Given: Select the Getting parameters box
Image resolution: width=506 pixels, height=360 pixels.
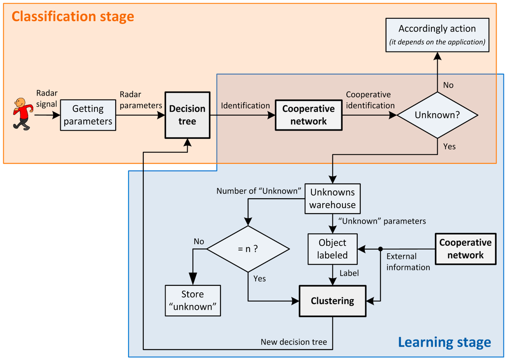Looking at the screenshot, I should pyautogui.click(x=88, y=115).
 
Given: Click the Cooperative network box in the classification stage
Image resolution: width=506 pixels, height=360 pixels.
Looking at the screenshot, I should pyautogui.click(x=308, y=115).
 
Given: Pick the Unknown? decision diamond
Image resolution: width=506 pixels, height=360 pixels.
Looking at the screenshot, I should pyautogui.click(x=437, y=115).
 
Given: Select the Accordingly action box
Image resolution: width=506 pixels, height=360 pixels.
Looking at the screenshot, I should pyautogui.click(x=437, y=35).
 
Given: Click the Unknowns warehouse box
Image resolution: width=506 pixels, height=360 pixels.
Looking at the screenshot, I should pyautogui.click(x=332, y=199).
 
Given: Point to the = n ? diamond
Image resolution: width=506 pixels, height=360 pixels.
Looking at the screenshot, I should pyautogui.click(x=248, y=249).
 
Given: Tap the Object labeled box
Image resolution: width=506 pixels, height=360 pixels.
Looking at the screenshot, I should pyautogui.click(x=332, y=249).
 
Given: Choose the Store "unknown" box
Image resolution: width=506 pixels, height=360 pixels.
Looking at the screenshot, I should pyautogui.click(x=193, y=300).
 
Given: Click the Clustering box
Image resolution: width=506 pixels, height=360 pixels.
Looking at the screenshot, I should pyautogui.click(x=332, y=301).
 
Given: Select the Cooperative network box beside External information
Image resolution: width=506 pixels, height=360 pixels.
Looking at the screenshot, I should pyautogui.click(x=465, y=249).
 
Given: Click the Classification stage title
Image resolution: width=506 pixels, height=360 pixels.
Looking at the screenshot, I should pyautogui.click(x=73, y=17).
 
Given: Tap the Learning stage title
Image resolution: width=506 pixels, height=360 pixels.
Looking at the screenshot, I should pyautogui.click(x=444, y=342).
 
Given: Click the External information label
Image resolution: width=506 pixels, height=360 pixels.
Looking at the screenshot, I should pyautogui.click(x=408, y=262).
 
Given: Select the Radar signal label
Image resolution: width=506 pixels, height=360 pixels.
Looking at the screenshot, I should pyautogui.click(x=46, y=98).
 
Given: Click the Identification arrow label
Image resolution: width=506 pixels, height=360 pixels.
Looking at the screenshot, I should pyautogui.click(x=245, y=105).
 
